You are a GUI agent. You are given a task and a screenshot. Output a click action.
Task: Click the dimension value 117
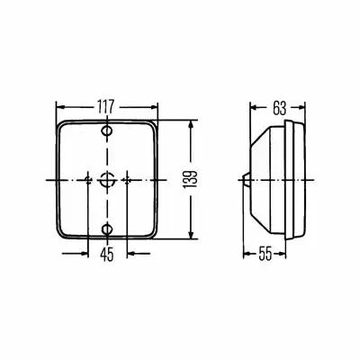coord(106,106)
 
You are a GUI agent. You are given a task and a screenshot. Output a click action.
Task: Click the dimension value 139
coord(190,180)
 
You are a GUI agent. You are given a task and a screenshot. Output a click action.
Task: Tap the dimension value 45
coord(107,255)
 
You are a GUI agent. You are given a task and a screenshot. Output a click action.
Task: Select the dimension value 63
coord(279,108)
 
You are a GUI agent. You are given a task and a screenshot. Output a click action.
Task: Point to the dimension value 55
coord(265,255)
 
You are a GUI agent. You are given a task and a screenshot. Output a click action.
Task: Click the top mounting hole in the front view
coord(106,130)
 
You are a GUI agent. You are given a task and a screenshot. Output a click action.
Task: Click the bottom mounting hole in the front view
coord(106,229)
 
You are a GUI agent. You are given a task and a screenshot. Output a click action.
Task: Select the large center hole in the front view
coord(106,180)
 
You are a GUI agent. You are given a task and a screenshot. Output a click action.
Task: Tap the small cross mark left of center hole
coord(88,180)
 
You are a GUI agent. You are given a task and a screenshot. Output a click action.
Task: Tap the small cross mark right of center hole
coord(127,180)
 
